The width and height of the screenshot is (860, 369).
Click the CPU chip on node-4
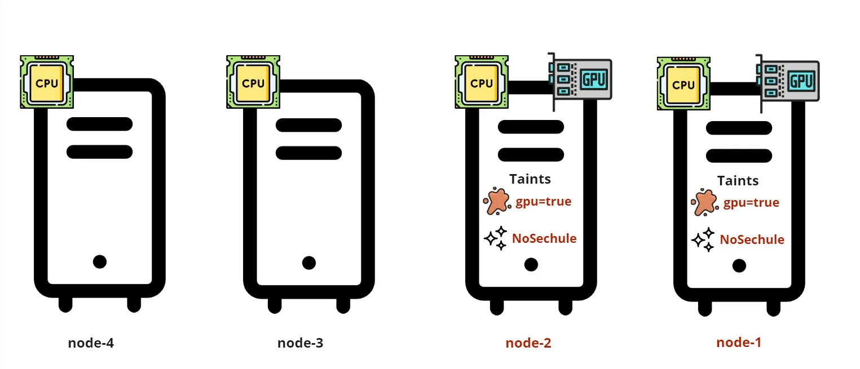pyautogui.click(x=47, y=82)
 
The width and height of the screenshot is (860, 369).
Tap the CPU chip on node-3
pyautogui.click(x=253, y=82)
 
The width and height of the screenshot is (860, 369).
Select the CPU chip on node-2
pyautogui.click(x=482, y=82)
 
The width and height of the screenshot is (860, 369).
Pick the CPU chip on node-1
pyautogui.click(x=684, y=84)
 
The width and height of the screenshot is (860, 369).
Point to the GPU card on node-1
pyautogui.click(x=789, y=80)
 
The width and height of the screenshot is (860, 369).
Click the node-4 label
pyautogui.click(x=91, y=343)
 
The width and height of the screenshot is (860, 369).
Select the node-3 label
pyautogui.click(x=301, y=343)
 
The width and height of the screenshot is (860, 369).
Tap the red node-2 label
pyautogui.click(x=528, y=343)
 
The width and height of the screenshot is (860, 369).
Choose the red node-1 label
pyautogui.click(x=739, y=342)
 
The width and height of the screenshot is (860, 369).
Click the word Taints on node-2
pyautogui.click(x=530, y=179)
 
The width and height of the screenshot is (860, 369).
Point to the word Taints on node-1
pyautogui.click(x=738, y=181)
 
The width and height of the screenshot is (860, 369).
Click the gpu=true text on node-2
pyautogui.click(x=544, y=202)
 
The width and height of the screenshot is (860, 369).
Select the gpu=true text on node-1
pyautogui.click(x=751, y=203)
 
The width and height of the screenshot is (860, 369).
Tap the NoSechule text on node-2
pyautogui.click(x=544, y=238)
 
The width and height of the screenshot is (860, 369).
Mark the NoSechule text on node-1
pyautogui.click(x=752, y=239)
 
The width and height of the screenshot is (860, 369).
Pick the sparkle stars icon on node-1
pyautogui.click(x=703, y=239)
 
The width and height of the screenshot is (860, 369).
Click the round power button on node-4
pyautogui.click(x=100, y=261)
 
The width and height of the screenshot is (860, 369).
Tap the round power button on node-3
pyautogui.click(x=309, y=263)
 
